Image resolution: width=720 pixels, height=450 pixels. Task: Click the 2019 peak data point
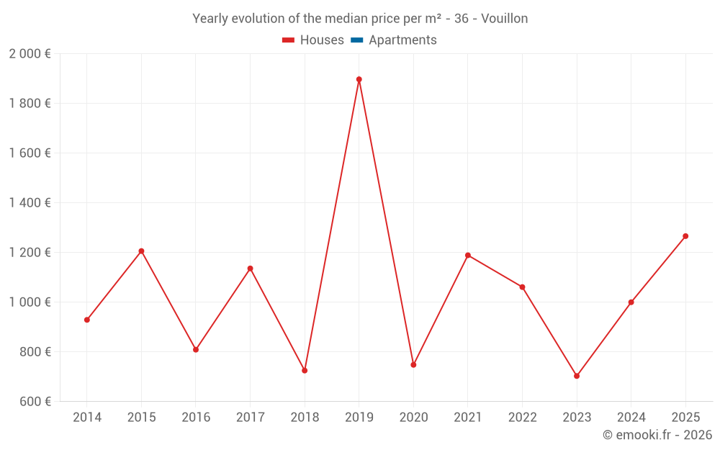click(359, 79)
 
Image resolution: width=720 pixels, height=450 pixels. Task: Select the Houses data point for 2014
click(87, 320)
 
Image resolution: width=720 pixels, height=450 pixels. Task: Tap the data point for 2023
click(577, 376)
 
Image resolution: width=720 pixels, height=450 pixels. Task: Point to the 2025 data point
click(685, 236)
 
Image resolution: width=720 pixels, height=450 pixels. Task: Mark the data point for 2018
click(305, 371)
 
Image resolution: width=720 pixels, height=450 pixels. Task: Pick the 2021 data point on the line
click(468, 256)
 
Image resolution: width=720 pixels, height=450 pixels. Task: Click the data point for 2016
click(196, 350)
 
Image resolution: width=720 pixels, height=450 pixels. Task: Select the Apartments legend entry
click(402, 40)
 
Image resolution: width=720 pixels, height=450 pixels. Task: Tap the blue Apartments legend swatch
click(356, 40)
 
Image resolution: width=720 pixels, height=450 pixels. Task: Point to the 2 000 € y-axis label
click(30, 54)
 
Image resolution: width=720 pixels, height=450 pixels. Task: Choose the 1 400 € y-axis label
click(30, 203)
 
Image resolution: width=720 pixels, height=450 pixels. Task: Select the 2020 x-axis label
click(413, 418)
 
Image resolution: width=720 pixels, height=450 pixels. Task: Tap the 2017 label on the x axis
click(250, 418)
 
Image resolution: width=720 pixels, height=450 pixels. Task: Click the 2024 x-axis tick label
click(631, 418)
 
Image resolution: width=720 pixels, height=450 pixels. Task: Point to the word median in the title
click(329, 19)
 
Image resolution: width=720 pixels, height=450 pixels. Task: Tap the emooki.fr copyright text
click(657, 435)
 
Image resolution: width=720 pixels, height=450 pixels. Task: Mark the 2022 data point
click(522, 287)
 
